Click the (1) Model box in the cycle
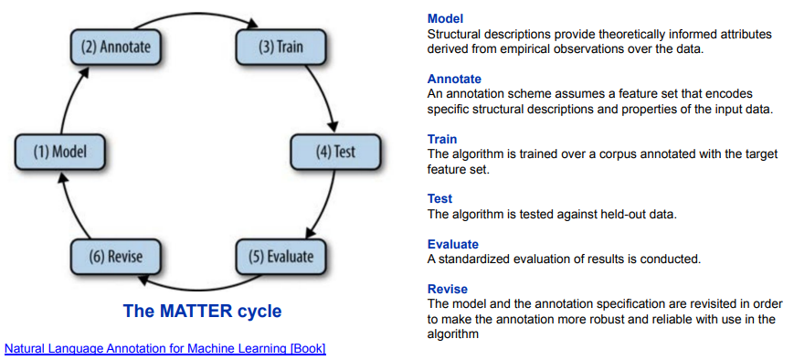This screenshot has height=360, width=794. point(60,152)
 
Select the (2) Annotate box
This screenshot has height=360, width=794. point(116,47)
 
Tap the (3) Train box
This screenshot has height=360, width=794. point(281,47)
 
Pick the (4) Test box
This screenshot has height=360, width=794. point(335,152)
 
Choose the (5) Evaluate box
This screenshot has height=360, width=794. point(281,256)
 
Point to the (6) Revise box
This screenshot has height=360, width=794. point(116,256)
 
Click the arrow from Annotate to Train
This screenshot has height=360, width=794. point(197,14)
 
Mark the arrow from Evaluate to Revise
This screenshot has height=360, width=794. point(197,288)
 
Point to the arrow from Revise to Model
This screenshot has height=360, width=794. point(72,205)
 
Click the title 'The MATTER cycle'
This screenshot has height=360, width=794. point(202,311)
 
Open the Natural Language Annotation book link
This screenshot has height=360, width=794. point(165,349)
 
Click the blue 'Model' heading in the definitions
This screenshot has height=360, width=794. point(446,19)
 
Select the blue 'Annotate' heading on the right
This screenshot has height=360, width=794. point(454,79)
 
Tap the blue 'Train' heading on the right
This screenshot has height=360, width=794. point(442,139)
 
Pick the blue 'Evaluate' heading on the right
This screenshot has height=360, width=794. point(452,244)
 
